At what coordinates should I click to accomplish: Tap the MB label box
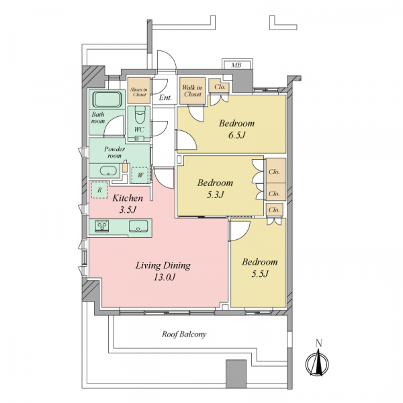pos(237,65)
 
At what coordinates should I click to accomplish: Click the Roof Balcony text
pos(184,334)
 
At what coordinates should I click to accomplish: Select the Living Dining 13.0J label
pos(163,271)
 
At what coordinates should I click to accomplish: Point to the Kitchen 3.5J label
pos(127,204)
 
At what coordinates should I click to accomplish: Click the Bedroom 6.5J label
pos(237,130)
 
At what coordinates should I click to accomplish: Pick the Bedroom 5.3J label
pos(215,188)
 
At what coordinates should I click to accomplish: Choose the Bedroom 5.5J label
pos(260,267)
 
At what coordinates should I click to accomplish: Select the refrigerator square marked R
pos(99,191)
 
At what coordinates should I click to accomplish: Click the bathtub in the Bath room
pos(106,100)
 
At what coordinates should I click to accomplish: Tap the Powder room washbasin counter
pos(107,171)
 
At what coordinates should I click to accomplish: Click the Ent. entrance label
pos(165,98)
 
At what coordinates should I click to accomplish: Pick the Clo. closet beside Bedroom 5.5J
pos(274,210)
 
